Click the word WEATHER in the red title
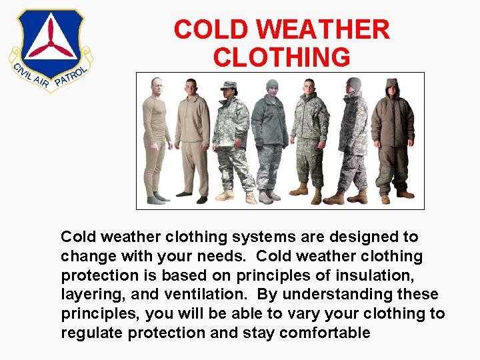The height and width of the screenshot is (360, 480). click(323, 30)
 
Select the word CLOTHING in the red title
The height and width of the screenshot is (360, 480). click(281, 57)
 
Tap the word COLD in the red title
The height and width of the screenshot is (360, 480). click(211, 30)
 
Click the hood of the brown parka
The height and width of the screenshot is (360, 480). click(391, 87)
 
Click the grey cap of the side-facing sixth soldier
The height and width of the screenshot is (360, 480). click(354, 83)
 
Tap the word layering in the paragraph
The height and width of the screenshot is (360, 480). click(87, 295)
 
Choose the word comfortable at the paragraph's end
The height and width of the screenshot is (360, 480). click(325, 333)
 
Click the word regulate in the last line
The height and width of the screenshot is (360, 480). click(88, 333)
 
